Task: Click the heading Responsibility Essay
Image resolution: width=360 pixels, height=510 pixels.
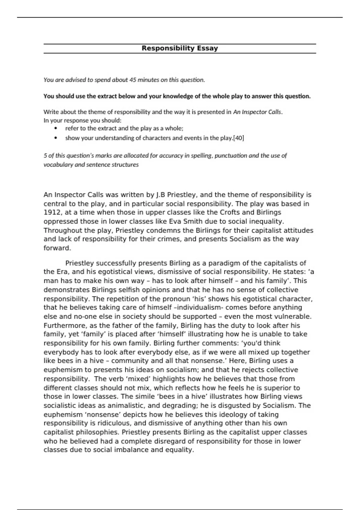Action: [x=180, y=48]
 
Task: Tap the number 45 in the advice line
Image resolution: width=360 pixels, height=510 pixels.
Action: [x=133, y=80]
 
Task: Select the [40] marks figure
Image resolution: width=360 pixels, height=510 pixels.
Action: [x=238, y=138]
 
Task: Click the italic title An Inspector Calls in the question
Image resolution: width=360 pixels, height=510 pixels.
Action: [x=257, y=112]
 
